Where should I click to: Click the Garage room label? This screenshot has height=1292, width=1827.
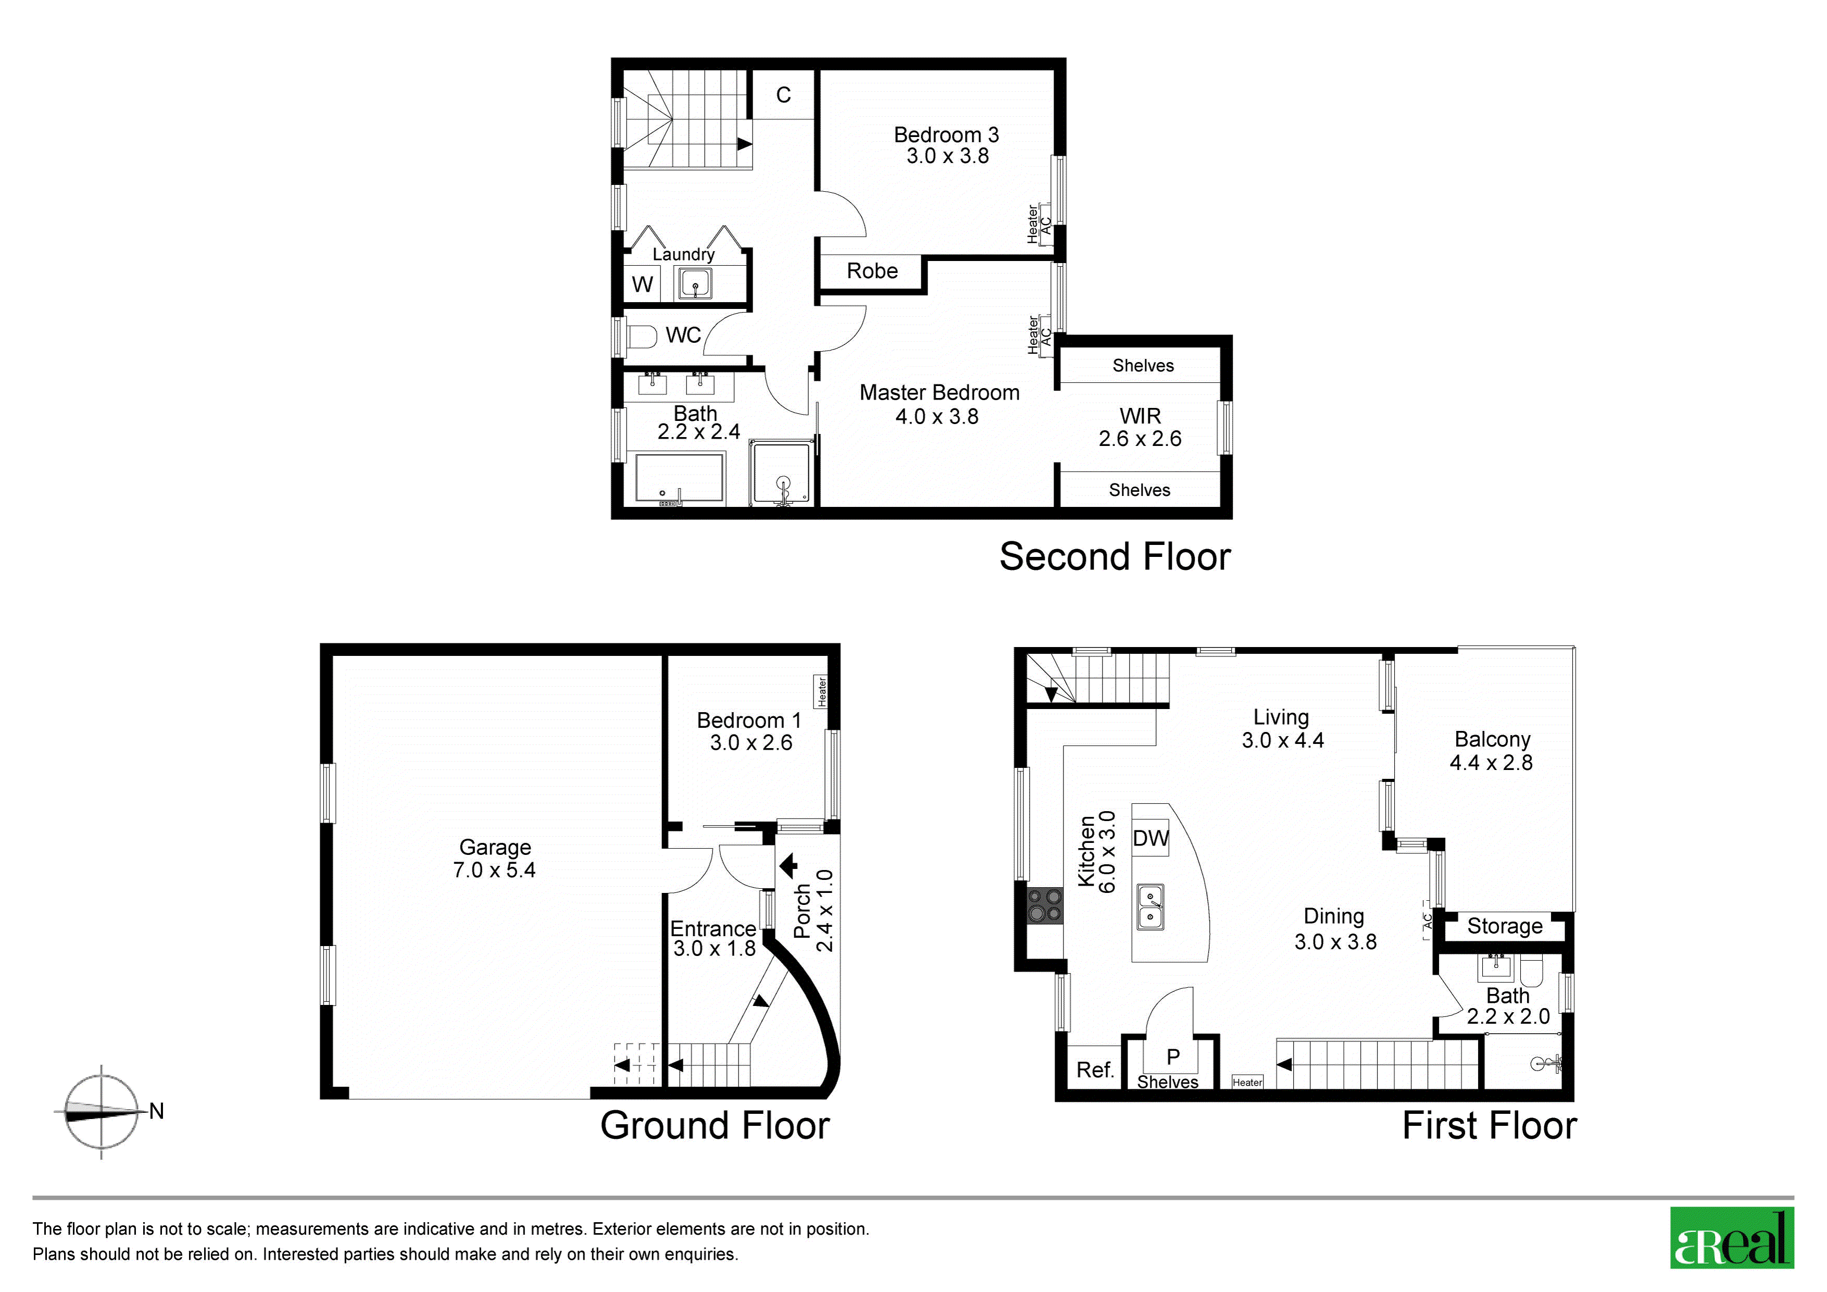click(x=495, y=847)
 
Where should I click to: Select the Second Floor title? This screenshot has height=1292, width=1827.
click(x=1115, y=556)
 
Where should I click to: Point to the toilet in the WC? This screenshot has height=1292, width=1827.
click(x=641, y=336)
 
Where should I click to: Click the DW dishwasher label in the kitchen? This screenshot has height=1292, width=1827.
click(x=1150, y=838)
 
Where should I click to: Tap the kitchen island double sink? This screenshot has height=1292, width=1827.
click(x=1150, y=906)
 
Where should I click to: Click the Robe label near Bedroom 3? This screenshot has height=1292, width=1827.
click(x=872, y=271)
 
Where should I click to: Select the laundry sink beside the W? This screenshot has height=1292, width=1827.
click(x=695, y=283)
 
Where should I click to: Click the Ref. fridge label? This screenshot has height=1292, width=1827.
click(x=1095, y=1070)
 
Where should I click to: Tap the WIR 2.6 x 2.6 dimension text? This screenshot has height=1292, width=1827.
click(x=1140, y=439)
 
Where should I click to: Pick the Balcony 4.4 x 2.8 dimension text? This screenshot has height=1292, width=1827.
click(x=1491, y=763)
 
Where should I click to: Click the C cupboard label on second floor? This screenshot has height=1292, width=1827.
click(x=784, y=95)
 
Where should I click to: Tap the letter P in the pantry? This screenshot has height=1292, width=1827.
click(x=1173, y=1057)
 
